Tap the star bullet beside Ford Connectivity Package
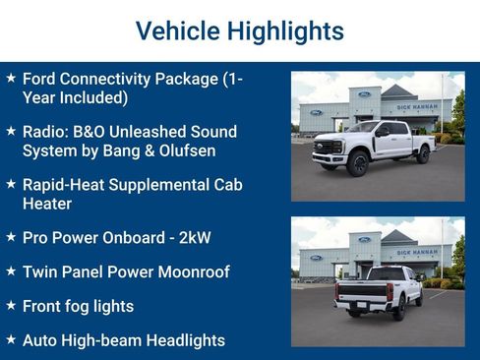tap(11, 77)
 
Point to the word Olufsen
tap(182, 150)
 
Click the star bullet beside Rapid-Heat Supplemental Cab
tap(11, 184)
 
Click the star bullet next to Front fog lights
tap(11, 306)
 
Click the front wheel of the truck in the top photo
tap(355, 162)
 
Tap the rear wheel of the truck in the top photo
tap(422, 155)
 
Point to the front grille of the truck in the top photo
tap(325, 149)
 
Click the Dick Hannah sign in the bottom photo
tap(418, 252)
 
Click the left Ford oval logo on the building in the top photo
tap(317, 112)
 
